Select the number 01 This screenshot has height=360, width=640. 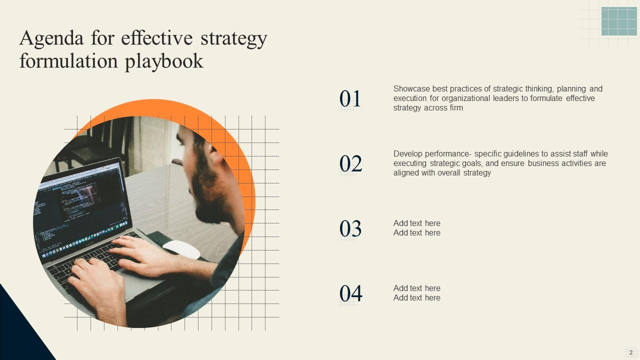click(350, 99)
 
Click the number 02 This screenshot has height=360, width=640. click(350, 163)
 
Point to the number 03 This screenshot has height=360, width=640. click(350, 228)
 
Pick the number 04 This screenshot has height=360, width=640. click(351, 293)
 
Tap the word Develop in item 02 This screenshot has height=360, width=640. click(407, 154)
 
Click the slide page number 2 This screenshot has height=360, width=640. click(631, 353)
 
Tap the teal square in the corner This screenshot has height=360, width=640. click(619, 21)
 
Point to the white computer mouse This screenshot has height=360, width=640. click(181, 249)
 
